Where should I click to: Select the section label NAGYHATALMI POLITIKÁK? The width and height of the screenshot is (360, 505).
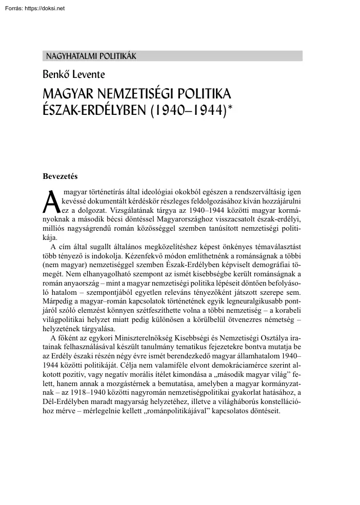(x=91, y=56)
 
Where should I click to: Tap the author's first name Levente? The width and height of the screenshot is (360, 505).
(x=90, y=75)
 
